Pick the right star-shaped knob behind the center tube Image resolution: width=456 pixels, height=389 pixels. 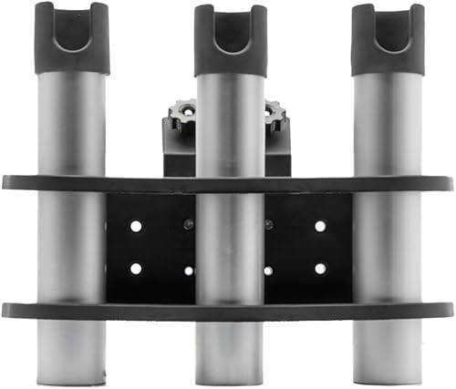click(x=275, y=117)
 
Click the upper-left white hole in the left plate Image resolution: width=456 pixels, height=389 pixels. click(x=136, y=225)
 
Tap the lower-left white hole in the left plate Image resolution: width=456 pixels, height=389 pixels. click(x=136, y=268)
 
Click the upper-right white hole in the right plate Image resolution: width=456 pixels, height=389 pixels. click(x=320, y=225)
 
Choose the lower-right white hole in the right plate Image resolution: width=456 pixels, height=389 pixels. click(x=320, y=268)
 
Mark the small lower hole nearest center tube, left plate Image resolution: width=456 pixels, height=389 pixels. click(x=189, y=271)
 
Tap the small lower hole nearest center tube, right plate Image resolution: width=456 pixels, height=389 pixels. click(x=268, y=271)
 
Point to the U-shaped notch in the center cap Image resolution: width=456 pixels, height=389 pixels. click(x=231, y=32)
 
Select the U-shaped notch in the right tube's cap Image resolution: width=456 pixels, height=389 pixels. click(x=388, y=31)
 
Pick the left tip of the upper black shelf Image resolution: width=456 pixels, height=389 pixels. click(x=5, y=182)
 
